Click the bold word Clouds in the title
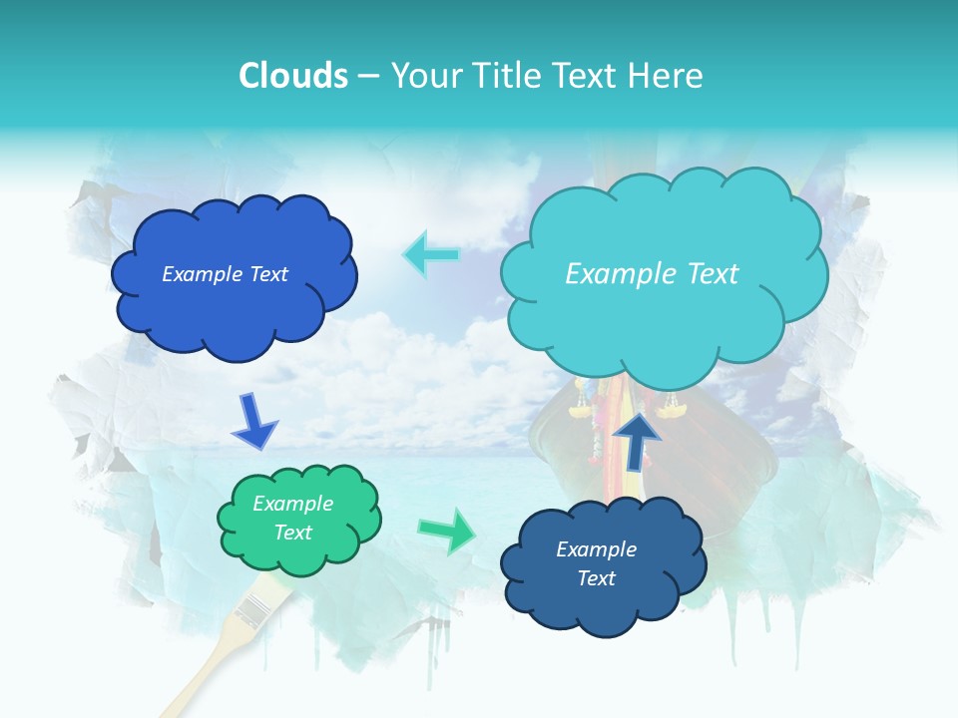click(292, 76)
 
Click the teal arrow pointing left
click(431, 255)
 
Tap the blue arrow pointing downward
click(253, 421)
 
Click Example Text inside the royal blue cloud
click(225, 274)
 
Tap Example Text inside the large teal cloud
click(652, 274)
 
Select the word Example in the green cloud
click(292, 504)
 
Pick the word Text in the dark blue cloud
click(596, 578)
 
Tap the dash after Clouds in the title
click(368, 77)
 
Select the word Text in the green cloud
click(293, 533)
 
